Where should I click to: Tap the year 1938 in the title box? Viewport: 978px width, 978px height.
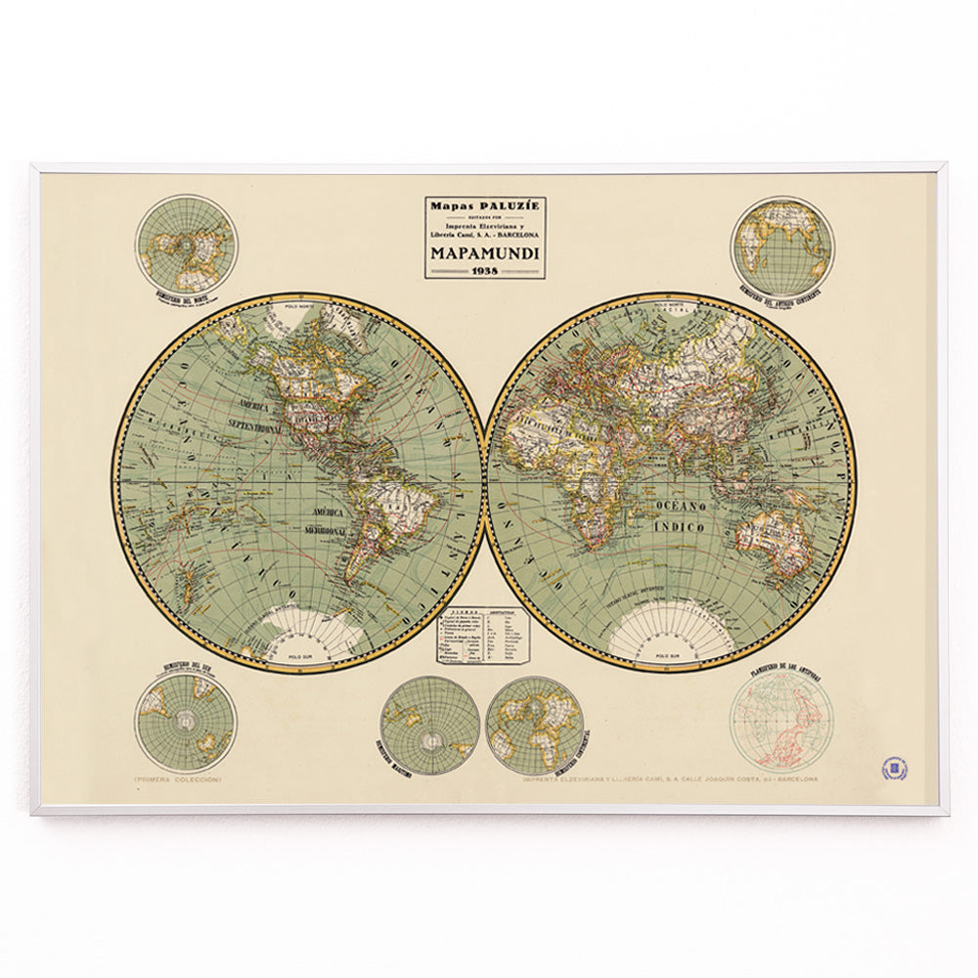485,270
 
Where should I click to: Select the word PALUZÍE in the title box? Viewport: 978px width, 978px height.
504,206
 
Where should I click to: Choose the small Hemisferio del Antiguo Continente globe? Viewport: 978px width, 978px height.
783,245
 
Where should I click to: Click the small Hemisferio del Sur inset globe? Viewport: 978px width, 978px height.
185,723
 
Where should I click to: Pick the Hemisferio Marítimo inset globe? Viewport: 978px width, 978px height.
429,723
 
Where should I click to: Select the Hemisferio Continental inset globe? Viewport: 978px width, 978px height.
534,723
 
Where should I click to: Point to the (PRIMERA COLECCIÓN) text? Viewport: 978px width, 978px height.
179,779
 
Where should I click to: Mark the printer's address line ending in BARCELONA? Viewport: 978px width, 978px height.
670,779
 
